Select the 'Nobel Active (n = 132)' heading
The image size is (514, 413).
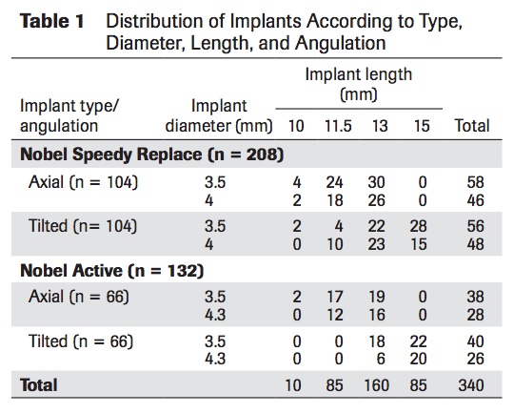pyautogui.click(x=112, y=270)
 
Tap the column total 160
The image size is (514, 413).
pyautogui.click(x=379, y=385)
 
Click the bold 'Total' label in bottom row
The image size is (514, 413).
pyautogui.click(x=39, y=385)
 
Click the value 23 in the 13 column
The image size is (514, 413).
pyautogui.click(x=379, y=243)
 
